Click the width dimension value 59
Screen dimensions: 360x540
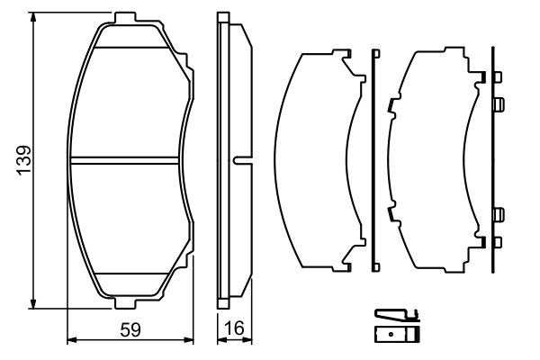click(131, 330)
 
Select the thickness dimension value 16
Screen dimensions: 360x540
click(237, 330)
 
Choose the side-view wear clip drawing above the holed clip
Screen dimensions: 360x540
click(396, 315)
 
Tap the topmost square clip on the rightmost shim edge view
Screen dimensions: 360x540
click(498, 105)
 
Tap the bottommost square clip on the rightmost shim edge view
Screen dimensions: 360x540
click(498, 214)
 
